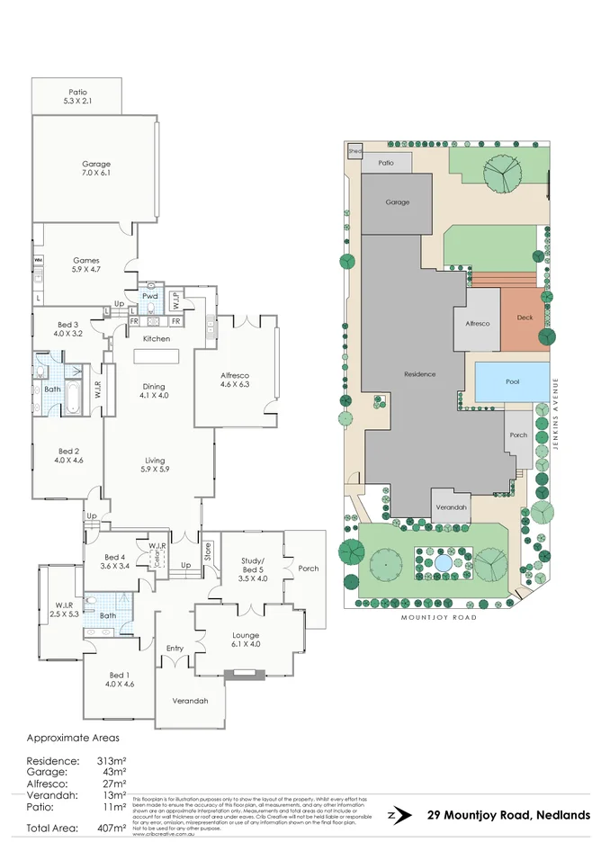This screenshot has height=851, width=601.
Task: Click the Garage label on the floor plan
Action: (96, 164)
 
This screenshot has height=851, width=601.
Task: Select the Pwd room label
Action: (149, 295)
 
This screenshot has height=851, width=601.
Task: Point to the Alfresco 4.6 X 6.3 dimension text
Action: (234, 384)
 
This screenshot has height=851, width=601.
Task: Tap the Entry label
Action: (175, 648)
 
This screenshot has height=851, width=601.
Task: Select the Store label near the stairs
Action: (206, 549)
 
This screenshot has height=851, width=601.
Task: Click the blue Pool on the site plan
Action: (512, 382)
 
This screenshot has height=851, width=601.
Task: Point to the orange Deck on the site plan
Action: (525, 318)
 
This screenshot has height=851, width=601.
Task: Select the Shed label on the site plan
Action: (354, 152)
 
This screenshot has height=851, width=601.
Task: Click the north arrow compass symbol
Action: (392, 815)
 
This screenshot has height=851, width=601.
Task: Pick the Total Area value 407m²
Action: (112, 828)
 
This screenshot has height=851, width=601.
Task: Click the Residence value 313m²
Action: (112, 761)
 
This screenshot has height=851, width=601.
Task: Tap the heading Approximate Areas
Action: (73, 738)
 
